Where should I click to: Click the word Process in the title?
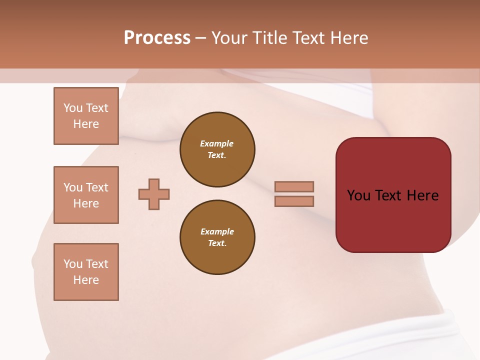157,38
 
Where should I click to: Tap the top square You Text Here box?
86,116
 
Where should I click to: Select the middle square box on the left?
86,195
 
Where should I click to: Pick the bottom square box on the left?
86,272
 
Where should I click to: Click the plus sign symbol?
154,194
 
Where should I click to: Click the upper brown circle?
217,149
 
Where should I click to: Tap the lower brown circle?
217,237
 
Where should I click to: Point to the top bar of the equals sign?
294,186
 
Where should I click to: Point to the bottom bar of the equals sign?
294,201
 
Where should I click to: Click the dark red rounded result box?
393,195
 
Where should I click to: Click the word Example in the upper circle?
217,143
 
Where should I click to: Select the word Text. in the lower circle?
217,243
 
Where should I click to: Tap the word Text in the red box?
388,195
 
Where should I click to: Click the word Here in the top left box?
86,124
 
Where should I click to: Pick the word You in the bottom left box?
73,264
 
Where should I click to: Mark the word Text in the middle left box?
97,187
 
